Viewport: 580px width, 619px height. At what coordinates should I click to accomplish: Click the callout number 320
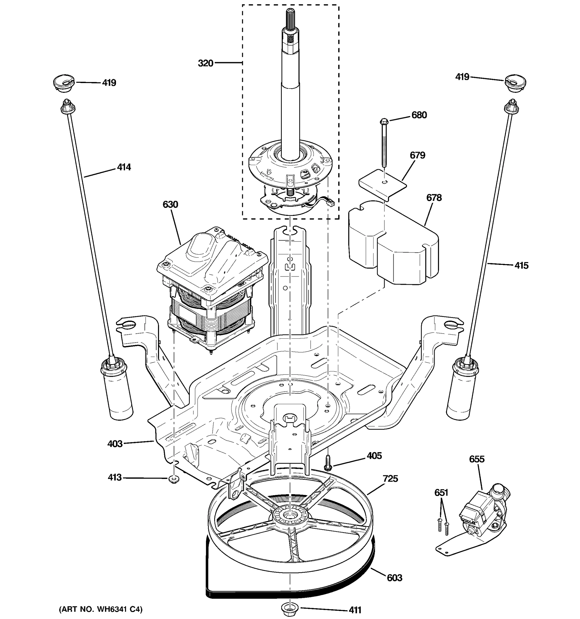pos(205,63)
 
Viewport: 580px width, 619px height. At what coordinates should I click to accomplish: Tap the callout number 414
pos(124,167)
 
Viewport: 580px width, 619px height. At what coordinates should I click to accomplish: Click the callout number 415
pos(521,265)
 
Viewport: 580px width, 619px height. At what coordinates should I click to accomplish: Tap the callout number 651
pos(441,493)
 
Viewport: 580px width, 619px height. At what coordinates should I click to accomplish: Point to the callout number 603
pos(395,577)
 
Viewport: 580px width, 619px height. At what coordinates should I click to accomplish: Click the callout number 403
pos(115,444)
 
